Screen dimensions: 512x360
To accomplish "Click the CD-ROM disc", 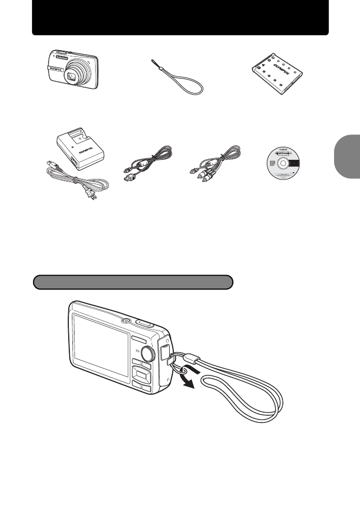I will click(x=284, y=162).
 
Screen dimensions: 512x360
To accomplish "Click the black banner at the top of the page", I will click(x=180, y=18).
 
